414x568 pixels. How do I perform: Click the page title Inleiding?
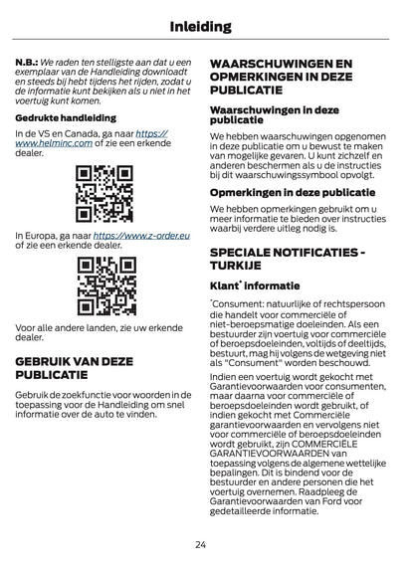[x=206, y=26]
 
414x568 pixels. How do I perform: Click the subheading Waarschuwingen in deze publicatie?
[x=273, y=113]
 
